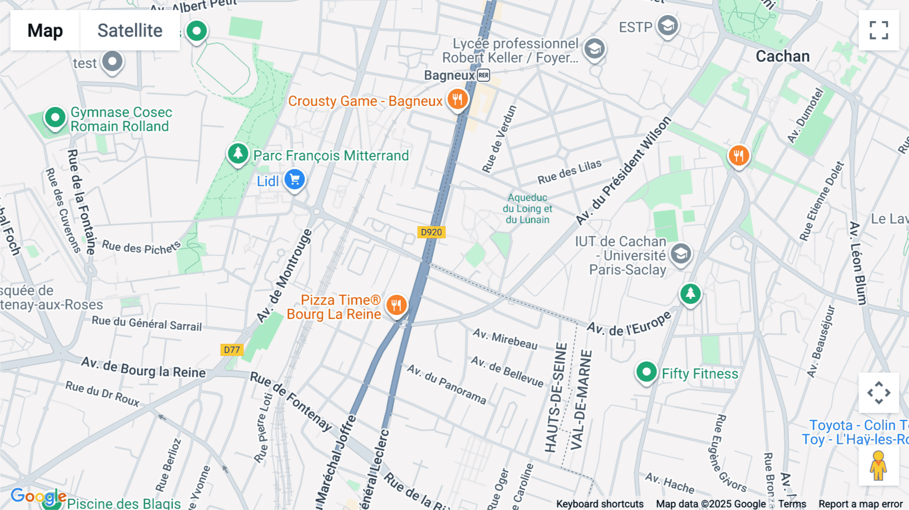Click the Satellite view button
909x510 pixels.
pos(130,30)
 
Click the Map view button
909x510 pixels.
pos(45,30)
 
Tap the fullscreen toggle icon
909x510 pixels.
pos(879,30)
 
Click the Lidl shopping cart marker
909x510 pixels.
pos(294,179)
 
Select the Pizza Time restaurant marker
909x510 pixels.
pos(396,305)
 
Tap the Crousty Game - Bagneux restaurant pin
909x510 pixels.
pos(458,99)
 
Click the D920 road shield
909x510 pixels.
pos(431,232)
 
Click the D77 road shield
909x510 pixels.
pos(232,350)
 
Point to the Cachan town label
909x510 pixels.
pos(782,56)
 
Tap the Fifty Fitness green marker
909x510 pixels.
pos(646,372)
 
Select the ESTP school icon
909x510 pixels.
pos(668,25)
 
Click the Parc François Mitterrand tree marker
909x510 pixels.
pos(238,152)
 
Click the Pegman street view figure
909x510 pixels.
pos(878,466)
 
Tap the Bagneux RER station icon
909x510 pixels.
pos(483,75)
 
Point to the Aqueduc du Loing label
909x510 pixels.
pos(528,209)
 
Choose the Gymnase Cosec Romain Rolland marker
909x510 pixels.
pos(55,118)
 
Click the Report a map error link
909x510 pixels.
pos(861,504)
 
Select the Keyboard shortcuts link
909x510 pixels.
pos(599,504)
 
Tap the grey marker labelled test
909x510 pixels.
pos(112,62)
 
